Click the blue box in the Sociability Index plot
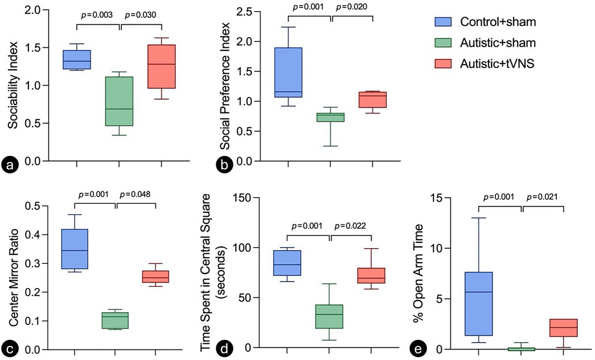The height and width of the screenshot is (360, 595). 77,59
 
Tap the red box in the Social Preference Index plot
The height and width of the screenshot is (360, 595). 372,100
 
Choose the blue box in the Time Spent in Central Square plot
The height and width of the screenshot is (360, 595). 287,263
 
